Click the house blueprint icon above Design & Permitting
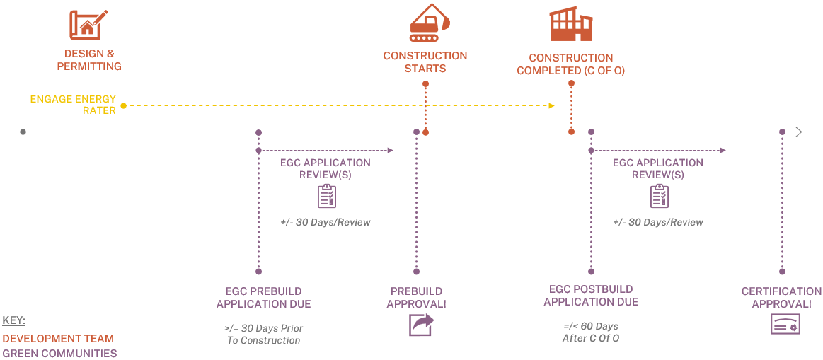88,24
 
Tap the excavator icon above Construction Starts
429,23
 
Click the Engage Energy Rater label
73,105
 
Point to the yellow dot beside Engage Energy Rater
123,106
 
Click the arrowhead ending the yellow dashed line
552,106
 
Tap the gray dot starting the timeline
23,132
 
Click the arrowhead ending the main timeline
798,132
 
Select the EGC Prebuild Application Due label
263,298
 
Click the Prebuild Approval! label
416,298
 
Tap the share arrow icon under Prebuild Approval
420,325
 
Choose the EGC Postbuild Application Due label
591,296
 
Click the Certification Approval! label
781,298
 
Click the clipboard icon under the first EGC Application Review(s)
326,196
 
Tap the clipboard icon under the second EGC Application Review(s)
659,196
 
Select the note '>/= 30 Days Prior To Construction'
263,335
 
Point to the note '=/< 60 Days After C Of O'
591,332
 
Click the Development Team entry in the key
57,339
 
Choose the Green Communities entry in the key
59,353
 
